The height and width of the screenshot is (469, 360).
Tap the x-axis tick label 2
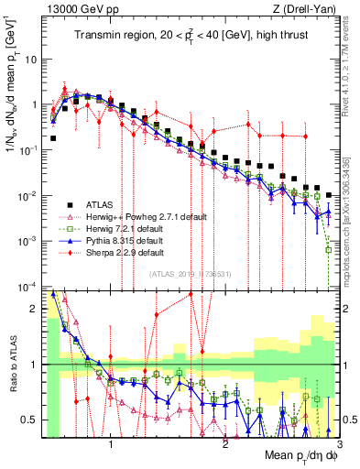pyautogui.click(x=225, y=441)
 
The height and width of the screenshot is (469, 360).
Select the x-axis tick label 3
pyautogui.click(x=339, y=441)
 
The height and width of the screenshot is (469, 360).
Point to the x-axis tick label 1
pyautogui.click(x=112, y=441)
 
